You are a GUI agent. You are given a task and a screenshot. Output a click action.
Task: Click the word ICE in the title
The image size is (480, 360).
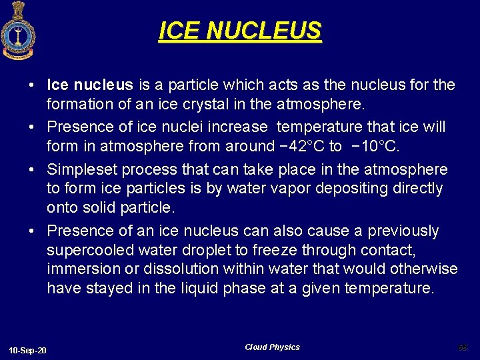179,31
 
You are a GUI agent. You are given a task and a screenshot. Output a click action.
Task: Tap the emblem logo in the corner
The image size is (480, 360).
17,30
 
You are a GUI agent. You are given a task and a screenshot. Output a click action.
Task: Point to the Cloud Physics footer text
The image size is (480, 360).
272,347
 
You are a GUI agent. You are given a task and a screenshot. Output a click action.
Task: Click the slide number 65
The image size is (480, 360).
463,347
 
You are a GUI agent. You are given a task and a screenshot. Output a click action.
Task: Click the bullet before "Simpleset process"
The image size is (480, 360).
32,170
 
